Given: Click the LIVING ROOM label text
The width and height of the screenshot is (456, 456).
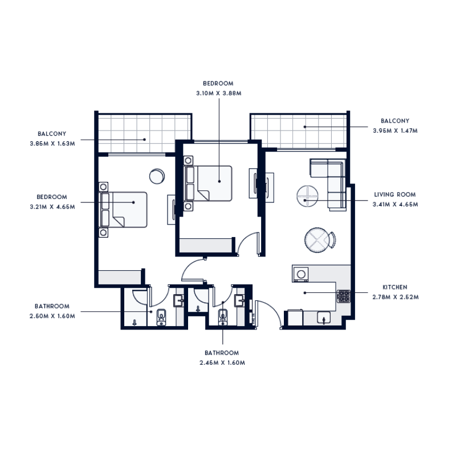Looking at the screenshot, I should [x=394, y=194].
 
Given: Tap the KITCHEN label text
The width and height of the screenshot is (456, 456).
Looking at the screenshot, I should [x=394, y=287].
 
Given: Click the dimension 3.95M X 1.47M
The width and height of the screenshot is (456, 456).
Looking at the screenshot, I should [x=395, y=131].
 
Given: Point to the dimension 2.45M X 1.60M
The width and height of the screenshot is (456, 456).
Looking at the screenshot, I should [x=222, y=363].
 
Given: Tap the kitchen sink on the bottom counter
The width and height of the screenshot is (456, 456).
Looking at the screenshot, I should [x=324, y=319].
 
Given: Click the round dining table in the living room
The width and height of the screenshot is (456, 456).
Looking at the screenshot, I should [x=317, y=239].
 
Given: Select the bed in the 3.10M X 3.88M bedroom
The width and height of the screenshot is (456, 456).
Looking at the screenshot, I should [x=208, y=183].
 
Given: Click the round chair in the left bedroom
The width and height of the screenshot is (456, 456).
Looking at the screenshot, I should [x=157, y=176].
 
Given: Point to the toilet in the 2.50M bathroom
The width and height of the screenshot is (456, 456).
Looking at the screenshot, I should [x=161, y=316].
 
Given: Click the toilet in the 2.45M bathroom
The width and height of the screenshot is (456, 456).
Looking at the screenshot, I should [x=223, y=315].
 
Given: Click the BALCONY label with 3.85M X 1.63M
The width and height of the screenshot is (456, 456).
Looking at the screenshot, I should [x=52, y=134].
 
